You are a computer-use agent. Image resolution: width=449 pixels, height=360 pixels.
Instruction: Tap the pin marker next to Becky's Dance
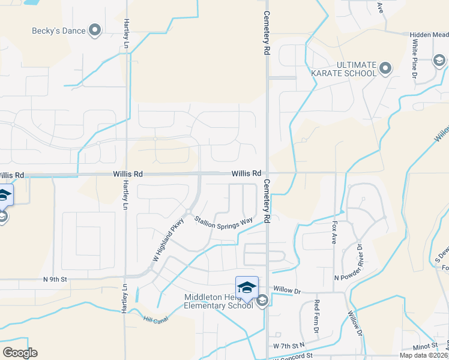[x=95, y=30]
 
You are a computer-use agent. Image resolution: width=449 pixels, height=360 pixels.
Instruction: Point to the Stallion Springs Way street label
[x=223, y=221]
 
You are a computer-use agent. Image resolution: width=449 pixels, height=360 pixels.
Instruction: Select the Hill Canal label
[x=155, y=319]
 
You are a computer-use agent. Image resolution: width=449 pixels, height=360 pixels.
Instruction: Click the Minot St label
[x=426, y=346]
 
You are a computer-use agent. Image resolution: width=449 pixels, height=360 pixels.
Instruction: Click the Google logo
[x=20, y=353]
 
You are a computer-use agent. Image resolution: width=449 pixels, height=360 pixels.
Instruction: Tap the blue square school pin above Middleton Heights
[x=247, y=287]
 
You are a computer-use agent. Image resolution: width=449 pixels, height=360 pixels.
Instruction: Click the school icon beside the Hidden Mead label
[x=440, y=60]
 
